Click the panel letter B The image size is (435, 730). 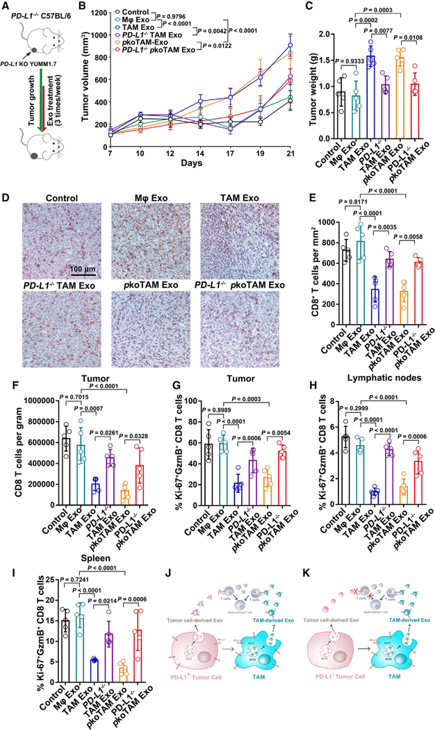(x=90, y=8)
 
